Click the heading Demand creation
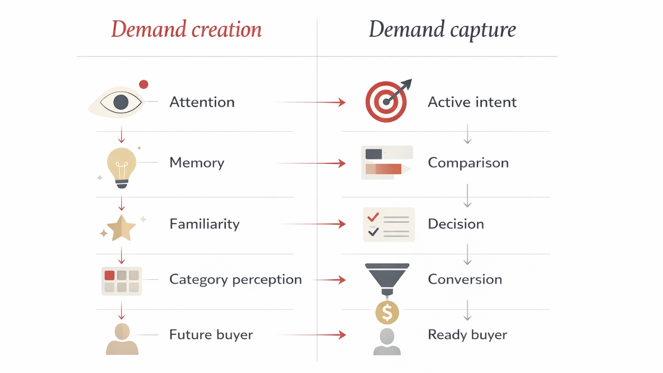pos(186,30)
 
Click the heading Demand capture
pos(442,30)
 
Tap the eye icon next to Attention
pos(121,102)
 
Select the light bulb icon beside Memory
pos(122,165)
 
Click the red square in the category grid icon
pos(109,275)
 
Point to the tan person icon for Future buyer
pos(122,339)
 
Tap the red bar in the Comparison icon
pos(383,169)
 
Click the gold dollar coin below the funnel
pos(387,312)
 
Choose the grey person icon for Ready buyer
pos(387,341)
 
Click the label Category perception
pos(235,279)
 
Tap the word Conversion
pos(465,279)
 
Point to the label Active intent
pos(472,102)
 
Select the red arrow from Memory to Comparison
pos(311,163)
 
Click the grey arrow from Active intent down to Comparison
pos(468,134)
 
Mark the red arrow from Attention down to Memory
pos(122,135)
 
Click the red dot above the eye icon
pos(143,84)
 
